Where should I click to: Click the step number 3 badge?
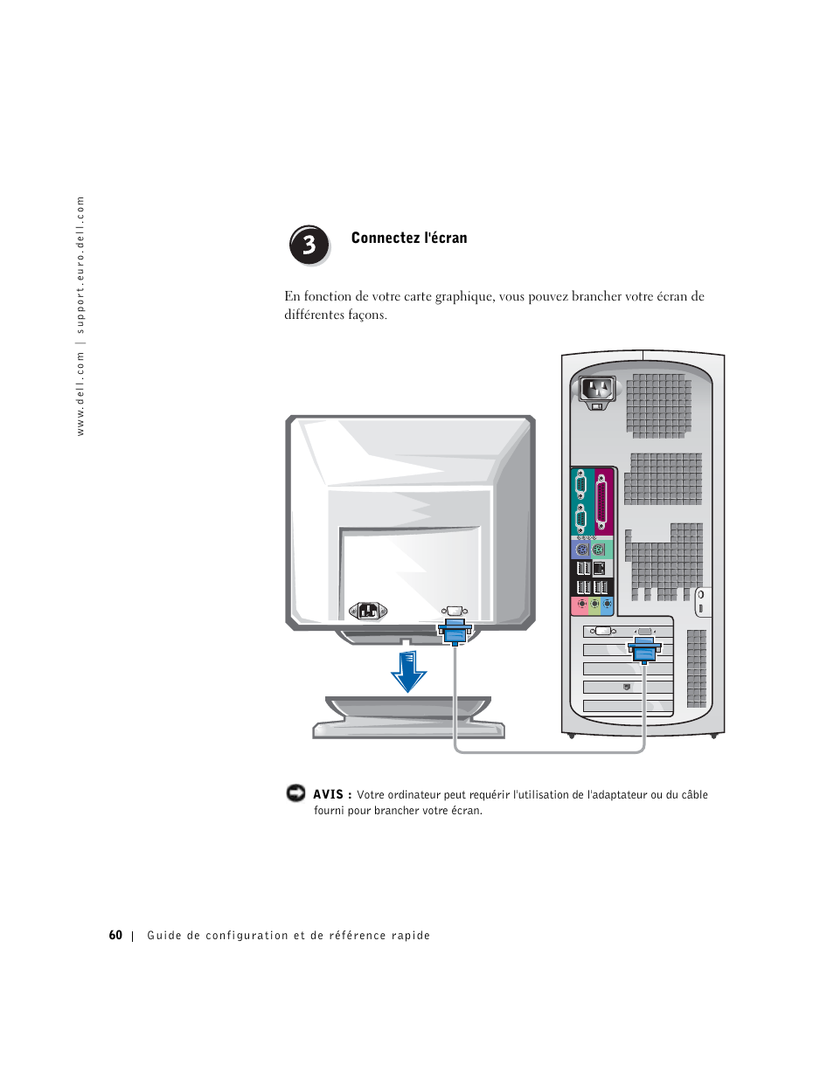(x=309, y=246)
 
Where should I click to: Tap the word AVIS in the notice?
(x=328, y=794)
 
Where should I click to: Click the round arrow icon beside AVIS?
(x=295, y=793)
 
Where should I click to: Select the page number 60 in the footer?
(x=115, y=935)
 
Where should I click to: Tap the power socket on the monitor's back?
(x=367, y=611)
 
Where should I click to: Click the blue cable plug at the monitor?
(x=455, y=630)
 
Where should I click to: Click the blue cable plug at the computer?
(x=644, y=650)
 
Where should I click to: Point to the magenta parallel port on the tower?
(x=601, y=503)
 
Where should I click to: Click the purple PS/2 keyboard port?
(x=582, y=550)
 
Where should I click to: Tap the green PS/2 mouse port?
(x=599, y=550)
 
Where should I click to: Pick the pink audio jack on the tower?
(x=581, y=605)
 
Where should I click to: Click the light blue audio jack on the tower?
(x=607, y=605)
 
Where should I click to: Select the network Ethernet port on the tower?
(x=600, y=569)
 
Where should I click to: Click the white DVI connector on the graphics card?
(x=602, y=631)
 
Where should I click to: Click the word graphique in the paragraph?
(x=464, y=296)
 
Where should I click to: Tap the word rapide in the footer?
(x=411, y=935)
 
